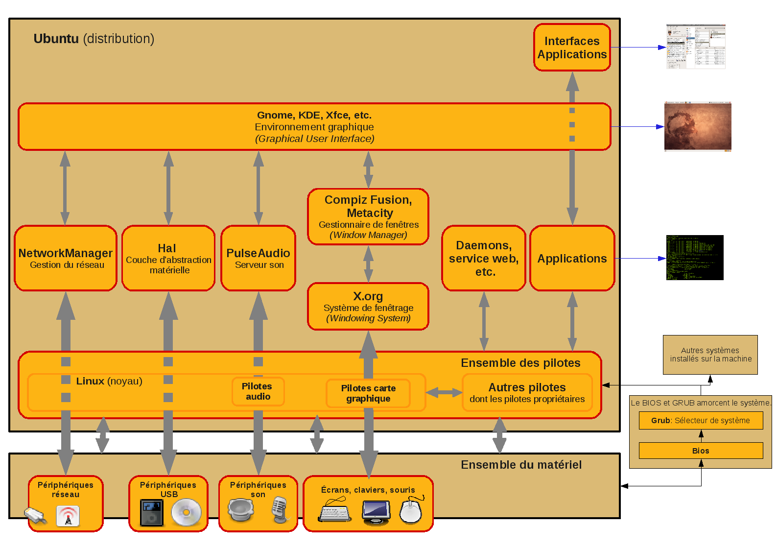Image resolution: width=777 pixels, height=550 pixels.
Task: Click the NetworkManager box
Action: pos(66,258)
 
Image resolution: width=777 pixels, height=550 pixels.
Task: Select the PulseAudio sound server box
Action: pos(258,258)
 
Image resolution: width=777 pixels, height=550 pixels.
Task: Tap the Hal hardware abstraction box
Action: pos(168,258)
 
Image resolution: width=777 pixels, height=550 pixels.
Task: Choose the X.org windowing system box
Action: pos(368,307)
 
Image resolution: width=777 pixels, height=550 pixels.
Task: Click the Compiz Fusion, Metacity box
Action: pos(368,216)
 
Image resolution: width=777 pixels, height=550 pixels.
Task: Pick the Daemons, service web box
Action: pos(484,258)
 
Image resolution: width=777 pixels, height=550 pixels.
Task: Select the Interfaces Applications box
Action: pos(572,48)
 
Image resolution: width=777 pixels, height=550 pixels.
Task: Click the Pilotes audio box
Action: pos(258,391)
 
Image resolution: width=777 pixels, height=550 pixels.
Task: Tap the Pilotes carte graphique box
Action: pos(368,393)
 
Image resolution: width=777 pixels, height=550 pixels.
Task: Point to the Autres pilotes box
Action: pos(527,393)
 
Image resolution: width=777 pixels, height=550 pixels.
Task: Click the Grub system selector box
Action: pos(701,420)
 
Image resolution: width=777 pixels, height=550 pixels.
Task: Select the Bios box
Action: pos(701,451)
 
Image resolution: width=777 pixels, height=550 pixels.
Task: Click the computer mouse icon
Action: pos(411,511)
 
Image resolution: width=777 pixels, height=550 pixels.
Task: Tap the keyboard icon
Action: pos(335,510)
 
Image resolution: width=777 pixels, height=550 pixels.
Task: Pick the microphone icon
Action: pos(280,509)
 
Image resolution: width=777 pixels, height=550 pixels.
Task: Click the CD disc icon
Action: pos(187,512)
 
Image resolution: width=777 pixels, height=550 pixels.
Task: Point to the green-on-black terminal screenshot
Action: pos(695,258)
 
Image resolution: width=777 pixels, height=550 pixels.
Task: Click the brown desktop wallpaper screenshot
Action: pos(698,126)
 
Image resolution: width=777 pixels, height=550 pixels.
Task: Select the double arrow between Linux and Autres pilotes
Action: pos(444,392)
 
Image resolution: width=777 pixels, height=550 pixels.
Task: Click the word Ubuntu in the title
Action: pos(56,39)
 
